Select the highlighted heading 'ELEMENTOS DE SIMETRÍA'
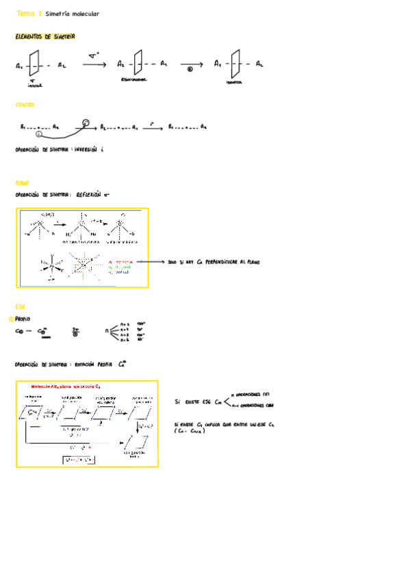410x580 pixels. (45, 36)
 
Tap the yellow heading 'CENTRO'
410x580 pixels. (25, 105)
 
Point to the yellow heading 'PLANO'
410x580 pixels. (23, 183)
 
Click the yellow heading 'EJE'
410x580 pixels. (20, 306)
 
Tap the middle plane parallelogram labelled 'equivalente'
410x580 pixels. (138, 64)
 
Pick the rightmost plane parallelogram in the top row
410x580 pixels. (236, 64)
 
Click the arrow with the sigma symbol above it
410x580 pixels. (94, 64)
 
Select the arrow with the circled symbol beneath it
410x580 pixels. (190, 65)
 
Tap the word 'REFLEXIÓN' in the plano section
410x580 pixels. (88, 194)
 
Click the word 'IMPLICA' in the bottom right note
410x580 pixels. (214, 425)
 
